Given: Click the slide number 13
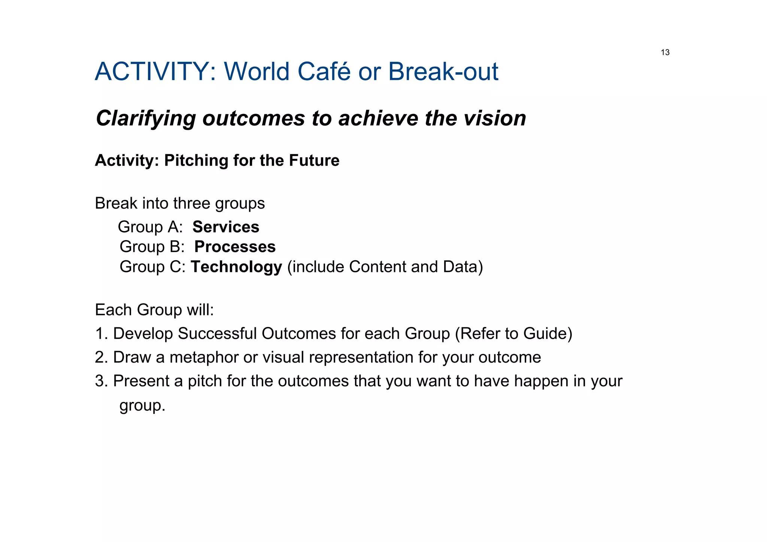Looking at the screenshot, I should click(x=665, y=52).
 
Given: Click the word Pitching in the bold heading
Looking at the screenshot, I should click(x=196, y=161).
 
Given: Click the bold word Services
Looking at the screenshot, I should click(x=225, y=227).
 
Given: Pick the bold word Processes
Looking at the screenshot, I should click(x=235, y=247).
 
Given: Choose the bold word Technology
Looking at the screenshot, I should click(x=236, y=267).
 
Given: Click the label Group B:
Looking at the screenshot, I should click(x=152, y=247).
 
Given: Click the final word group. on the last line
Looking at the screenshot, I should click(x=142, y=406).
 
